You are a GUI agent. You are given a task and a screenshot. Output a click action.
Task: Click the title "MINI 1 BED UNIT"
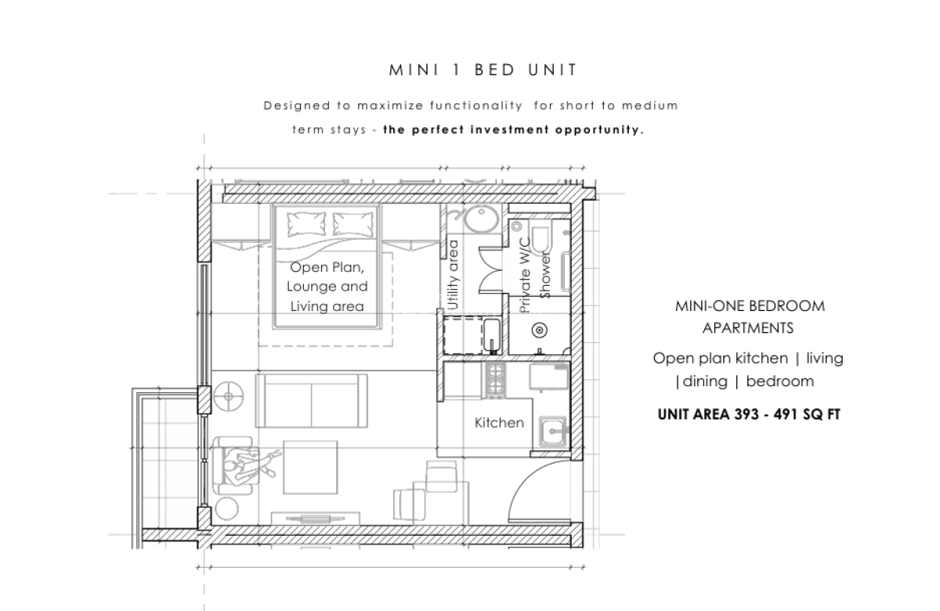483,70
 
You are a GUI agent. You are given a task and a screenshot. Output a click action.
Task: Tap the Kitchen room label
499,423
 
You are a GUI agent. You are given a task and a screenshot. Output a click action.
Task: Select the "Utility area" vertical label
452,275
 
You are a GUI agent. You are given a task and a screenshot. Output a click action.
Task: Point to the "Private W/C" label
526,276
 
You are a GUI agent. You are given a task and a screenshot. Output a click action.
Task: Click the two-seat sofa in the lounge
312,399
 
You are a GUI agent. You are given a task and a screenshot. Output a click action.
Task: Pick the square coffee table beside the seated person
311,468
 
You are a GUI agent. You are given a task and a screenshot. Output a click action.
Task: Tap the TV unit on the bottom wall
316,518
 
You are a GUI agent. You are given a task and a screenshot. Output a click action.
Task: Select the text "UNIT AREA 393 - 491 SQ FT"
749,414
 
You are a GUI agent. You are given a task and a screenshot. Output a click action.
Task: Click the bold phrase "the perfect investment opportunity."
513,130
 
